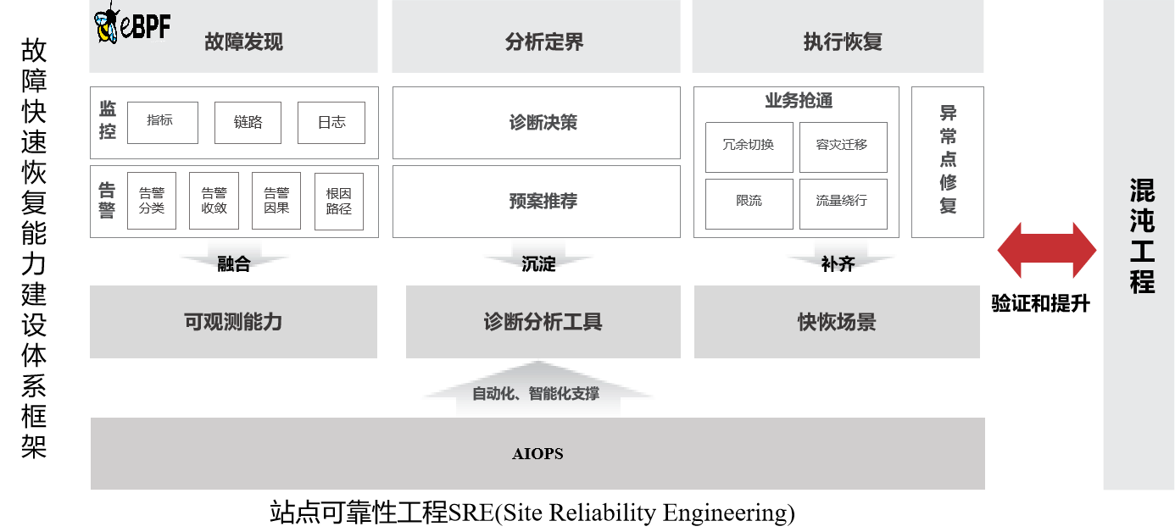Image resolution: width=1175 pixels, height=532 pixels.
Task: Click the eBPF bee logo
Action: (x=131, y=24)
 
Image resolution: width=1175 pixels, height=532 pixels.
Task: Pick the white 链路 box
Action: (x=248, y=123)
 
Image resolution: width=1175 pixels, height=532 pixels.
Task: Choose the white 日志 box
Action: (x=331, y=123)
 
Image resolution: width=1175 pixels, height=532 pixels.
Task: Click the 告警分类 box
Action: (x=152, y=201)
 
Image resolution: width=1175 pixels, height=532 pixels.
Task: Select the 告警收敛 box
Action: (x=214, y=201)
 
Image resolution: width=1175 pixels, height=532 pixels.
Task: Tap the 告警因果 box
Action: (x=276, y=201)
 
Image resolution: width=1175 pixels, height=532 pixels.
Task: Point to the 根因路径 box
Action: (x=339, y=202)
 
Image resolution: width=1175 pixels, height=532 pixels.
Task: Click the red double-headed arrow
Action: (x=1047, y=250)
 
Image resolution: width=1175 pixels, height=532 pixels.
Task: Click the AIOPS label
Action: (x=537, y=454)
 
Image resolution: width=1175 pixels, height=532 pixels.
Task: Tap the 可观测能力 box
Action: (x=233, y=322)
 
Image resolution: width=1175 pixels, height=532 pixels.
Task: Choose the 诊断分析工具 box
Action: (x=543, y=322)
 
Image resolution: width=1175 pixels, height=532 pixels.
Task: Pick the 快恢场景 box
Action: (x=837, y=322)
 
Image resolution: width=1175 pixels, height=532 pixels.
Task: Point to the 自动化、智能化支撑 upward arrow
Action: (x=537, y=392)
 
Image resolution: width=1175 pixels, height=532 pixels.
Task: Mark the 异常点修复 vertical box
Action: (x=948, y=161)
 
